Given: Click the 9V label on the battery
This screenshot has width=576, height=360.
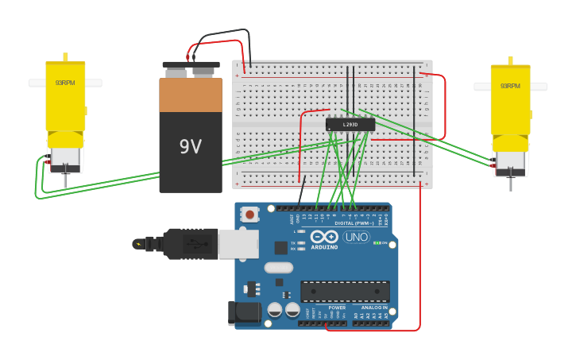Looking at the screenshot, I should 191,147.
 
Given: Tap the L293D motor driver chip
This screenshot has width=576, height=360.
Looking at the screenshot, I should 350,125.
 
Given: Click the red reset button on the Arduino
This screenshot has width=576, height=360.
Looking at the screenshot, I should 250,214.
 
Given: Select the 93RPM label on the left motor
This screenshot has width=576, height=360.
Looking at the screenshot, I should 64,83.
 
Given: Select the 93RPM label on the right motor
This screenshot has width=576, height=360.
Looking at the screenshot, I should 509,86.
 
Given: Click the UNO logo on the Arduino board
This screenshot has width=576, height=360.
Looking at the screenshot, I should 356,237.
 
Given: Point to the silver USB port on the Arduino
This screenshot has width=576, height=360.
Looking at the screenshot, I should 238,244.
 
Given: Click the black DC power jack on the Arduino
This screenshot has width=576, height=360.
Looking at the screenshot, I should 244,313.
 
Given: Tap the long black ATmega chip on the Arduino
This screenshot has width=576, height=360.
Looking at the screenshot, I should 345,291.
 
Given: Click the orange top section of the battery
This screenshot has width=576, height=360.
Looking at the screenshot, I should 191,95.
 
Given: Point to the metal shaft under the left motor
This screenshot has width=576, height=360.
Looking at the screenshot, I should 65,180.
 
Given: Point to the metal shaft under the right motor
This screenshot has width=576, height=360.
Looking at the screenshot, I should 510,184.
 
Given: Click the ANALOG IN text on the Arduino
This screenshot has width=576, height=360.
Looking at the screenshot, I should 374,308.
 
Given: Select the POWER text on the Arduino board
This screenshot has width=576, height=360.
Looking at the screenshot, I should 337,308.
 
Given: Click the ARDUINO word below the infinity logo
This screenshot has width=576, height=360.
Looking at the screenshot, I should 323,247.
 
